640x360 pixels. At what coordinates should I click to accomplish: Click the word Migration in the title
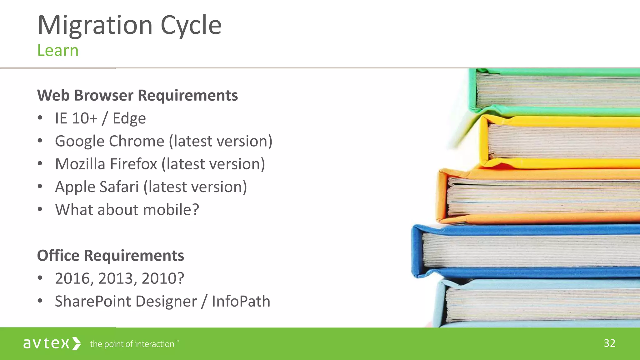point(95,26)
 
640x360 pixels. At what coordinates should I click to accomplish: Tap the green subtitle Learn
point(58,51)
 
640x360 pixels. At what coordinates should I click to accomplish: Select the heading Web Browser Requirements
point(137,95)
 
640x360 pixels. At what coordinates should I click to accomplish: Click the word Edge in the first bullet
point(129,118)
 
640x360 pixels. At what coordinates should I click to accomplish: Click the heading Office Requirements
point(110,256)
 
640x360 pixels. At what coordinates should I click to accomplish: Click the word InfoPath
point(241,301)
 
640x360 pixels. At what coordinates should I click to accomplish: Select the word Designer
point(166,301)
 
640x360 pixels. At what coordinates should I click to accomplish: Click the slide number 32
point(609,343)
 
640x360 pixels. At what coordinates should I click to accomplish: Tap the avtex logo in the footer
point(52,343)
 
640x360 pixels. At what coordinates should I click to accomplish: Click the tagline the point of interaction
point(132,344)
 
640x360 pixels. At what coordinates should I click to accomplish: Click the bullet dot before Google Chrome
point(40,141)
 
